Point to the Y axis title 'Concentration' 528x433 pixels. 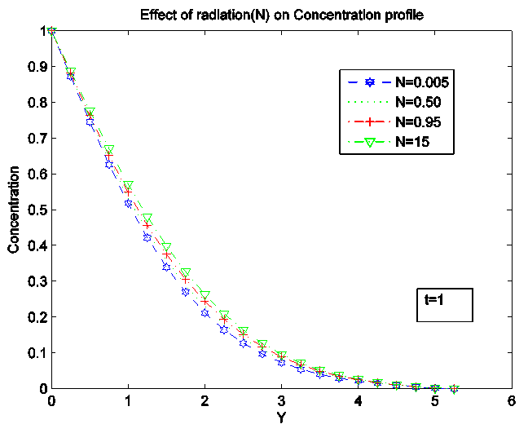14,210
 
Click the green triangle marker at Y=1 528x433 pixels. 128,186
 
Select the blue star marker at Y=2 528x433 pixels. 205,313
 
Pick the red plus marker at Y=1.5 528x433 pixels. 166,255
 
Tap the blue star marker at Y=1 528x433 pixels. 128,203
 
